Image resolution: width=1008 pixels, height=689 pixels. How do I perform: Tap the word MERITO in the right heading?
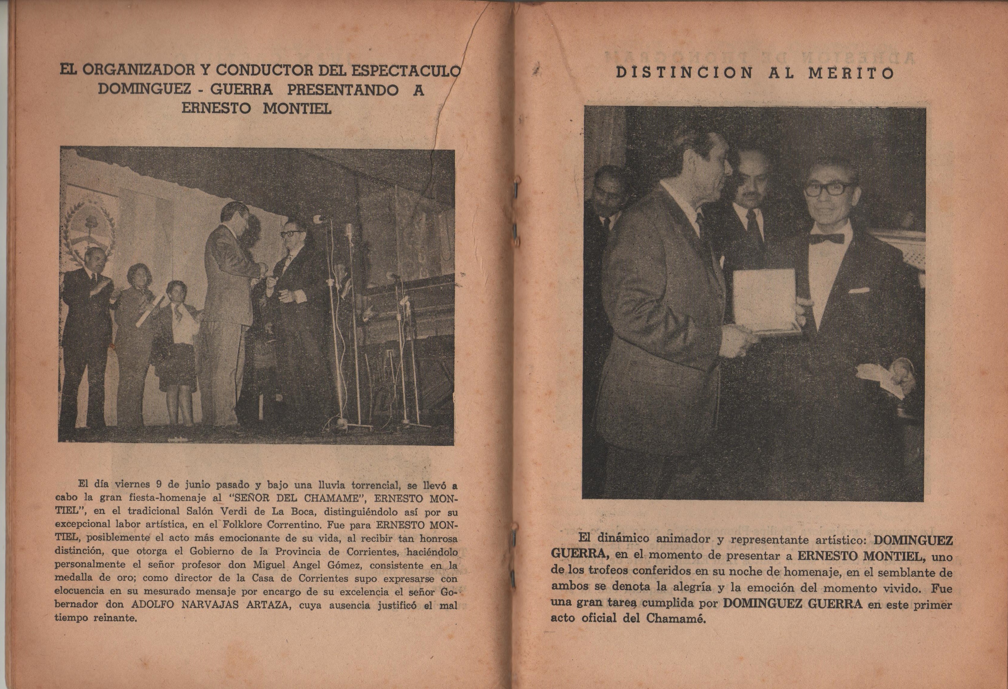click(851, 73)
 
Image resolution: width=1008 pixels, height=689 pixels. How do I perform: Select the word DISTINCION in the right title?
click(684, 73)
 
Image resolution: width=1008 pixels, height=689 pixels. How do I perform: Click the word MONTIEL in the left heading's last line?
click(297, 108)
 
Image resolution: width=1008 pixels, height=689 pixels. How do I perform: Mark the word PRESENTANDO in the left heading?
click(343, 90)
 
